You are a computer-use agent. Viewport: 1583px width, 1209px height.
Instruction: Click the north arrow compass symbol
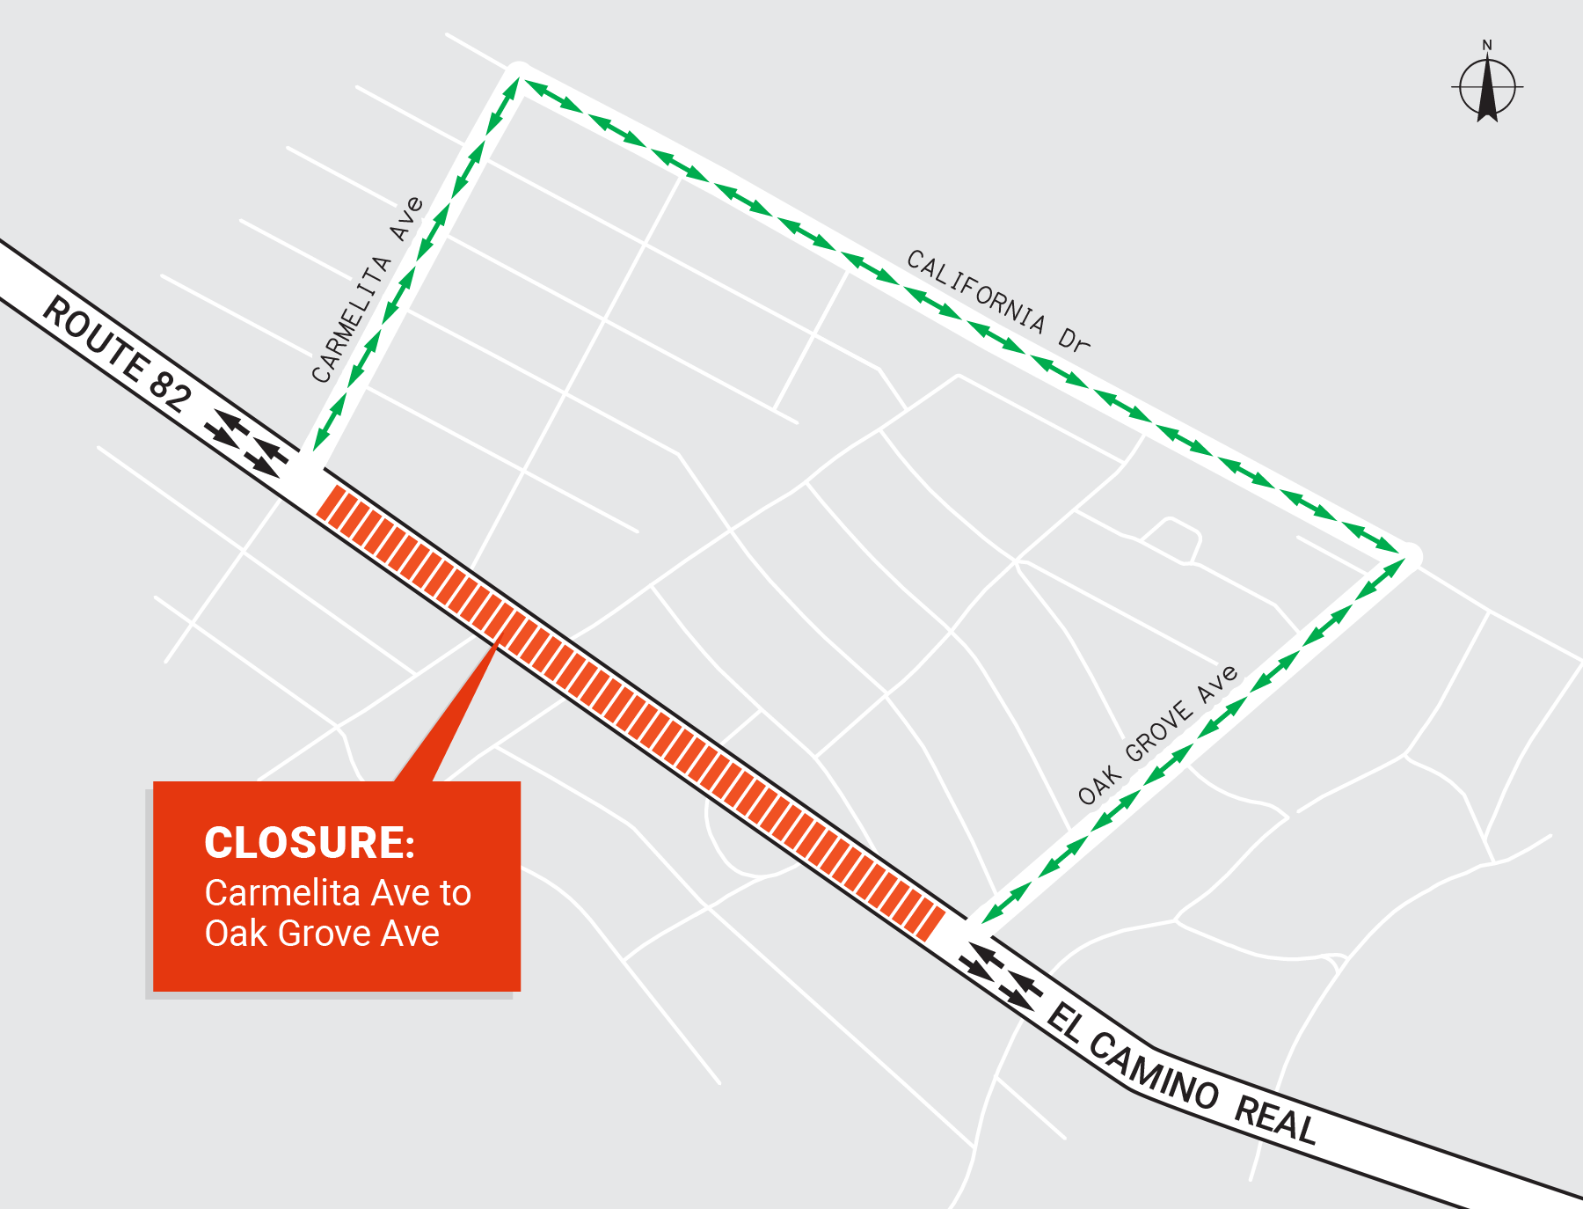1486,88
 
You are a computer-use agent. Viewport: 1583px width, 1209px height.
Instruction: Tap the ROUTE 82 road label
116,354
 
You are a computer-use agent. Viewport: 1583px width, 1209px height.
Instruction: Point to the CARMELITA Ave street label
368,290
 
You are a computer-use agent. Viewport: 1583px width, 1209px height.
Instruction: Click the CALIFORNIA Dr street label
997,300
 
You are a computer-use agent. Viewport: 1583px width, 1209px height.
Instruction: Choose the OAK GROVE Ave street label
1158,736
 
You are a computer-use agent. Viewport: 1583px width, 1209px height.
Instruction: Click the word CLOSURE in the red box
309,843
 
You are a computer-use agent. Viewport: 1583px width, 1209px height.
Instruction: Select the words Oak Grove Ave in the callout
322,934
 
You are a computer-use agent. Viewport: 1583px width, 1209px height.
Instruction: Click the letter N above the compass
1487,45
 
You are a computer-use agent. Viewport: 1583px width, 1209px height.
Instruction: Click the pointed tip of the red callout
497,644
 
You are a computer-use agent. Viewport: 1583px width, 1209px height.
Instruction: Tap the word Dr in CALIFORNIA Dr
1074,339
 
